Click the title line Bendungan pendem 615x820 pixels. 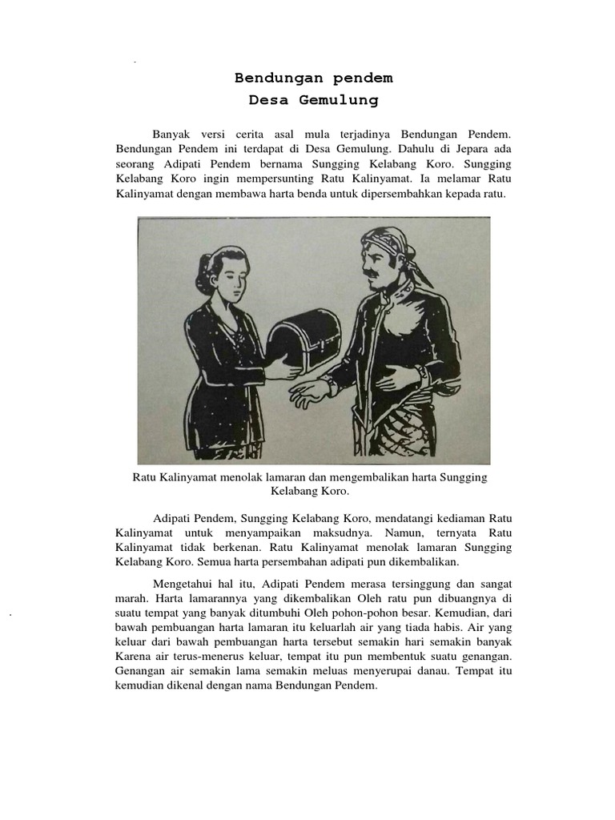click(313, 78)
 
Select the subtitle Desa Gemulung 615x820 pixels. click(313, 101)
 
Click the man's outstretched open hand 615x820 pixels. click(308, 392)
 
